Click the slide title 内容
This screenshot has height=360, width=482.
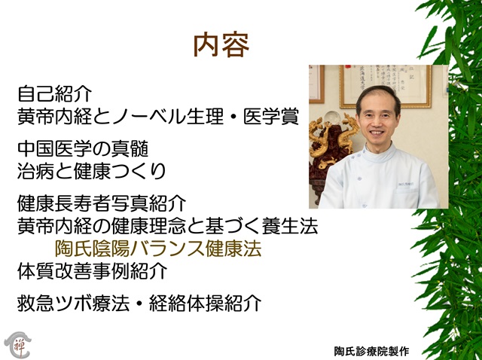tap(221, 45)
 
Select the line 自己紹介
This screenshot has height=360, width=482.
tap(55, 94)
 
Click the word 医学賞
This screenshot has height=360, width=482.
tap(271, 117)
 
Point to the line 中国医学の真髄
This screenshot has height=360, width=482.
tap(83, 149)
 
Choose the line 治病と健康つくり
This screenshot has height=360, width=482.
tap(92, 171)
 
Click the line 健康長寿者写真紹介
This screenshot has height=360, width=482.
tap(102, 203)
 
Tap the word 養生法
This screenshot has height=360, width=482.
tap(290, 226)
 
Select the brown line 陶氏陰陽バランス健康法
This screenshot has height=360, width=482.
tap(158, 249)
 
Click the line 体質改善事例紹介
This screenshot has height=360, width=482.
tap(93, 271)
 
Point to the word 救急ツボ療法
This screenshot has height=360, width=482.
tap(74, 303)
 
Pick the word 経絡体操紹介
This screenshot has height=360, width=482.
tap(205, 303)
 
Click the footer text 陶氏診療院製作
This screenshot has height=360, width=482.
tap(371, 351)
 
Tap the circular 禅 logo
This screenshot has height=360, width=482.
tap(17, 344)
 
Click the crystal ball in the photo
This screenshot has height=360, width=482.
tap(331, 118)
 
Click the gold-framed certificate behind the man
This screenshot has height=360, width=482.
tap(385, 87)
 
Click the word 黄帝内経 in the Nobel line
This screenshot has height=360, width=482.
tap(55, 117)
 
